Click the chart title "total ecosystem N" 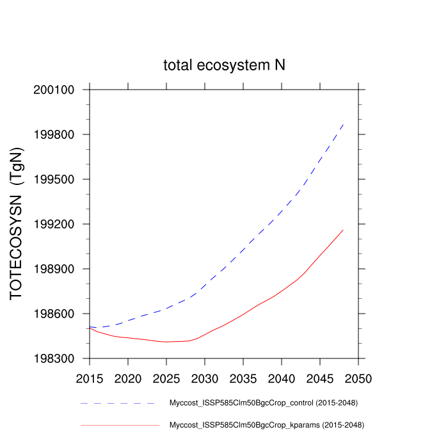(224, 65)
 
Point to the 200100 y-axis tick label (54, 90)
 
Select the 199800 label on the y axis (54, 134)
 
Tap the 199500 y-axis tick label (54, 179)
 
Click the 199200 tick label (54, 224)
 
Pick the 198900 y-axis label (54, 269)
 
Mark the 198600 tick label (54, 314)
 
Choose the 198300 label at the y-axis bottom (54, 358)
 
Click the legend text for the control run (262, 403)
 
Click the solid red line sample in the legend (120, 424)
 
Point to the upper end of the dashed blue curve (344, 124)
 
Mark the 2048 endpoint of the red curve (344, 229)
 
